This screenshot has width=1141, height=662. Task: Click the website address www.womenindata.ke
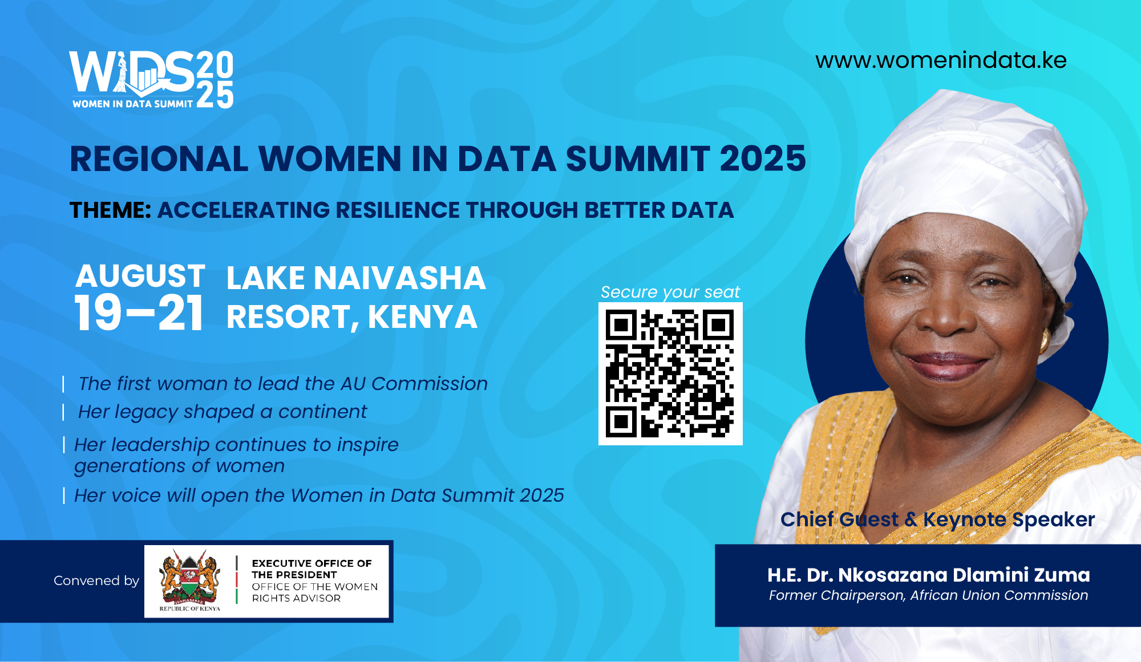(x=941, y=60)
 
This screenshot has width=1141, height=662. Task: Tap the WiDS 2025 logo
(x=151, y=80)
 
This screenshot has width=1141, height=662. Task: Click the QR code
(x=670, y=373)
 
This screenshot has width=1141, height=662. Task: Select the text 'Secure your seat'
(x=670, y=293)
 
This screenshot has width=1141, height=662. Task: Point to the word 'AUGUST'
(x=140, y=276)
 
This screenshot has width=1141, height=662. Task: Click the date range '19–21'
(x=139, y=313)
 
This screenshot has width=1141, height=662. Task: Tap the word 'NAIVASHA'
(x=400, y=278)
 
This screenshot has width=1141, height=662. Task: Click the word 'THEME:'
(x=111, y=210)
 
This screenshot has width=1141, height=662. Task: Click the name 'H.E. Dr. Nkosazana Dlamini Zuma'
(x=929, y=575)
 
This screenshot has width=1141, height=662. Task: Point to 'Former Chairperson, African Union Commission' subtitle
(x=928, y=595)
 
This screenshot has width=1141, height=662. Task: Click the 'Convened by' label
(x=96, y=580)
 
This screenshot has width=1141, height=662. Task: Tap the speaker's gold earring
(x=1045, y=340)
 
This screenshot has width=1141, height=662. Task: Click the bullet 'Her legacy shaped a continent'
(x=222, y=412)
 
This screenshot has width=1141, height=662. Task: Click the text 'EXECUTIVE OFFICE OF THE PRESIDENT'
(x=311, y=569)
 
